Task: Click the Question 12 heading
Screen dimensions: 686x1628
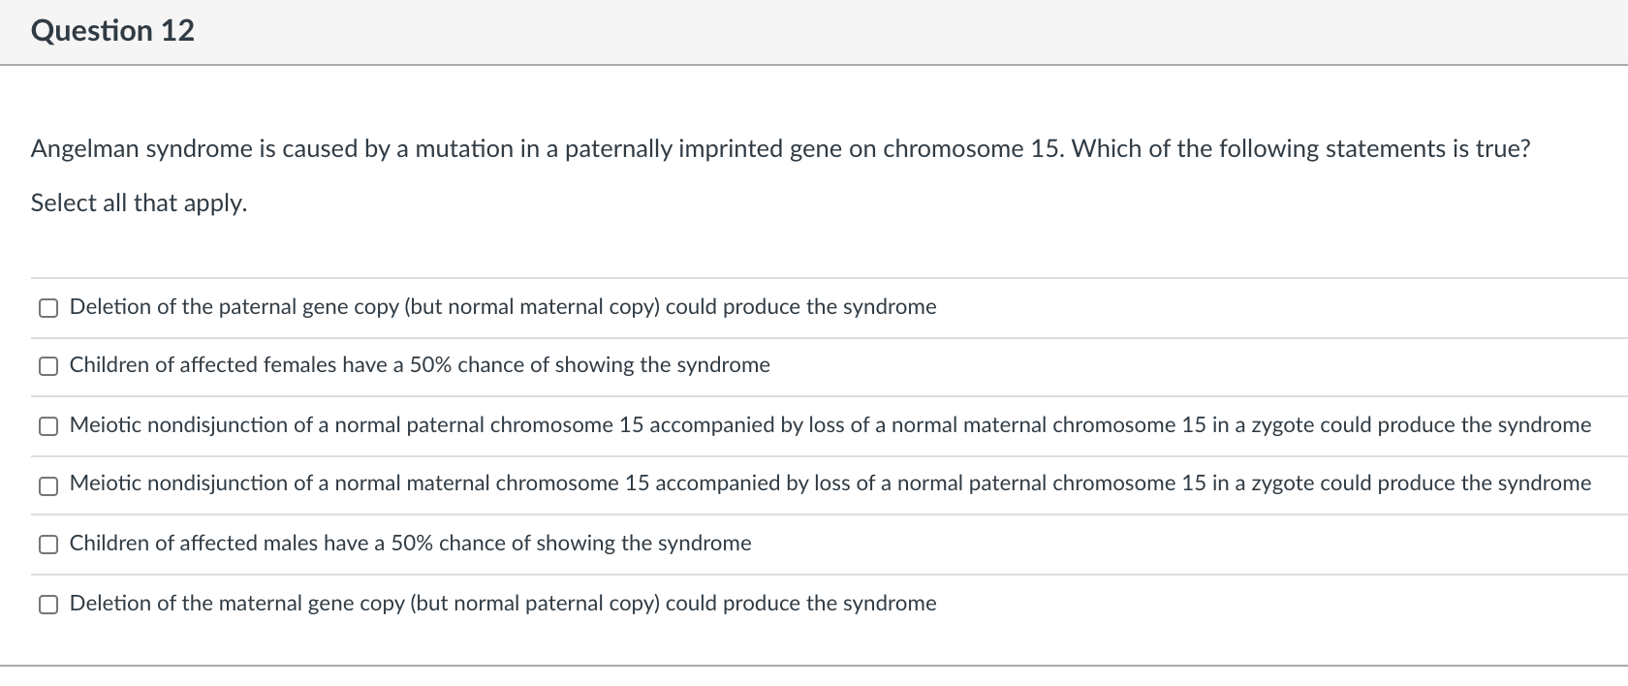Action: point(112,31)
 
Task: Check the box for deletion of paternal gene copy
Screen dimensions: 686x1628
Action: point(47,308)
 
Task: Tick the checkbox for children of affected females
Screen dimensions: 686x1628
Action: point(47,366)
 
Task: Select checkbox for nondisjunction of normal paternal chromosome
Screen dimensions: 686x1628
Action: point(47,426)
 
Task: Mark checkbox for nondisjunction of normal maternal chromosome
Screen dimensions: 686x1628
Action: point(47,484)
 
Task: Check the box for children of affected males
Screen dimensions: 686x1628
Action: point(47,545)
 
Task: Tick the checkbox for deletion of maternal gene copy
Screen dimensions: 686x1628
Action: point(47,605)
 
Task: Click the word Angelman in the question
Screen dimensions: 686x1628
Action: point(84,149)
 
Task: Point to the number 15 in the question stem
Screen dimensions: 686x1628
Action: point(1045,149)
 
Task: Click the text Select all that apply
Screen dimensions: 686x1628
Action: point(139,203)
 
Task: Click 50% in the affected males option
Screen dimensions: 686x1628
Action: point(411,544)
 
